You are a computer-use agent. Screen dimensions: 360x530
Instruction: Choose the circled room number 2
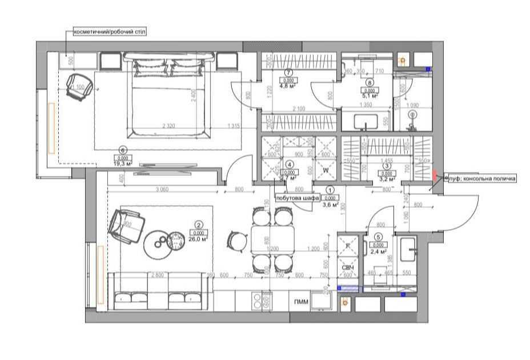point(199,225)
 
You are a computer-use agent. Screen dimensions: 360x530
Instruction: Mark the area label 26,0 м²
point(199,239)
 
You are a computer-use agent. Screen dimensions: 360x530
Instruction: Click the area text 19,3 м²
point(122,164)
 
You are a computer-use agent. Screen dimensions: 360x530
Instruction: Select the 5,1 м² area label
point(370,97)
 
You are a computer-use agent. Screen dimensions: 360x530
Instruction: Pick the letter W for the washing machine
point(326,170)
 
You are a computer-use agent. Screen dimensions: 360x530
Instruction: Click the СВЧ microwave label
point(348,268)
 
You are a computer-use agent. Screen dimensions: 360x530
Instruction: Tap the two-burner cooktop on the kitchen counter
point(265,301)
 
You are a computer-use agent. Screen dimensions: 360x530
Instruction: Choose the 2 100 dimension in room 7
point(298,109)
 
